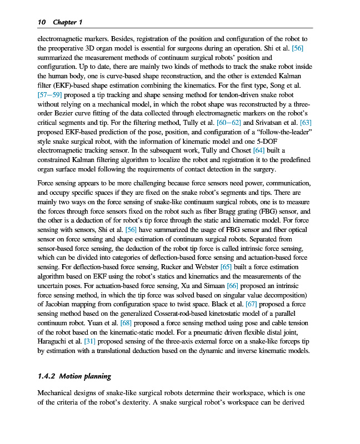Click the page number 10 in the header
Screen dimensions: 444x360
(41, 22)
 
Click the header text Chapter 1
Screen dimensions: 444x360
(67, 22)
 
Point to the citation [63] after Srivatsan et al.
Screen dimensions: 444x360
(306, 122)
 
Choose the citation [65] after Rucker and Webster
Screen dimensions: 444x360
(226, 267)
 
